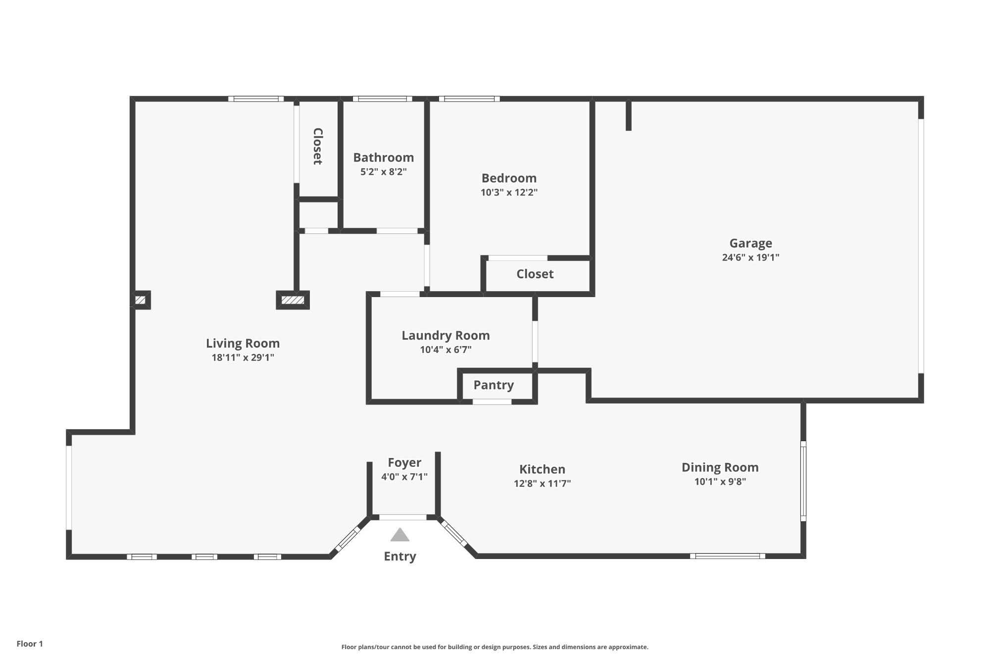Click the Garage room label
coord(750,243)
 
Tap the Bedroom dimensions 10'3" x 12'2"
coord(509,192)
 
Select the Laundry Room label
coord(445,335)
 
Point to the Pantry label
coord(494,385)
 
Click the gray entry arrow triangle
coord(400,535)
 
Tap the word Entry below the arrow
coord(400,557)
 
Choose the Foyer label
coord(404,462)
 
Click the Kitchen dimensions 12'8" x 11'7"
coord(542,483)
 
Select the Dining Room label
coord(720,467)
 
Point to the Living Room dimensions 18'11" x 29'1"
coord(243,357)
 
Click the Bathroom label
coord(383,157)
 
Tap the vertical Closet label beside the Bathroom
coord(318,146)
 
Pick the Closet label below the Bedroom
coord(535,274)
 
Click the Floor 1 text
coord(30,644)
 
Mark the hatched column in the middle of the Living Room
coord(293,300)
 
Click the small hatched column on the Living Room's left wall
coord(141,300)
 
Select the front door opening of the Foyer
coord(403,517)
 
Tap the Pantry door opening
coord(492,402)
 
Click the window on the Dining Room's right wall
coord(803,481)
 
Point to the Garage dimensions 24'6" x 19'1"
coord(750,257)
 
